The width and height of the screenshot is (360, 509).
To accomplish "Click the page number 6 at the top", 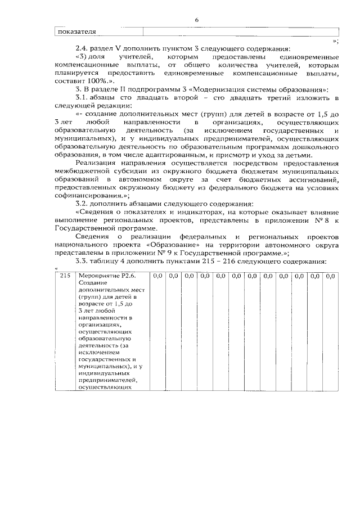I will coord(197,20).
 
